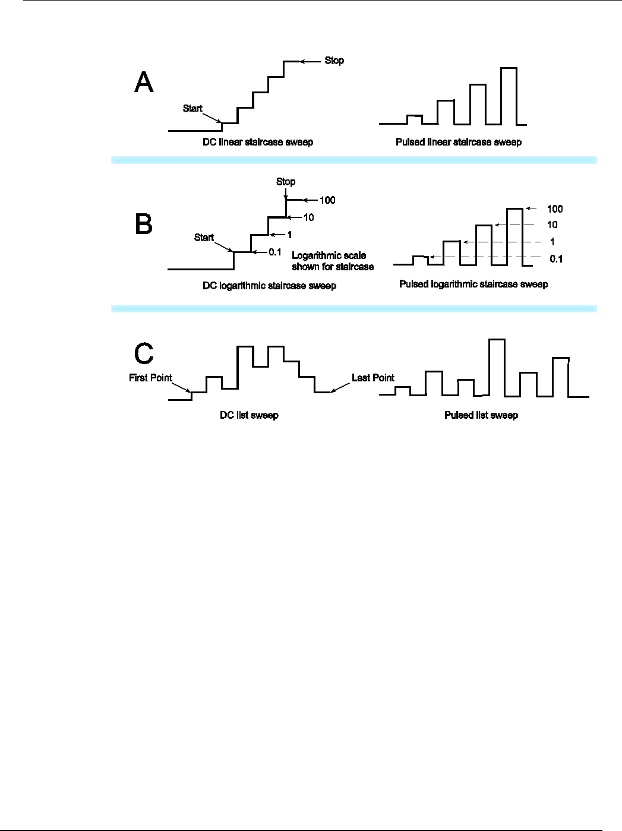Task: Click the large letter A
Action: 144,83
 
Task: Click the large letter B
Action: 144,225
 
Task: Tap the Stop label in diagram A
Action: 334,61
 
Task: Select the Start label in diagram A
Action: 192,109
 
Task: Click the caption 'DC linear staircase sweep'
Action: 257,143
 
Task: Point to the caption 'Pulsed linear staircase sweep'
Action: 459,143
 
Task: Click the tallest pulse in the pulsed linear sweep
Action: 509,95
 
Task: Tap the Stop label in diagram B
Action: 286,182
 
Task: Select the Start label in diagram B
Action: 204,238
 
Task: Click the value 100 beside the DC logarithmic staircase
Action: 327,200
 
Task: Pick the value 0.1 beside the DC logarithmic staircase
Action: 274,252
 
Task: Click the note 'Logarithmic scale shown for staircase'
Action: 333,261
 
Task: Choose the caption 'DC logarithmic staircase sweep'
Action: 269,286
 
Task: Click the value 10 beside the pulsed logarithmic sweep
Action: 552,225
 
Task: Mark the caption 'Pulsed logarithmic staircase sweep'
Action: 473,285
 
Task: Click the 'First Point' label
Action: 150,378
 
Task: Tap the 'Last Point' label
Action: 373,378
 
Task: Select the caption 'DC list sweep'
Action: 249,415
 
